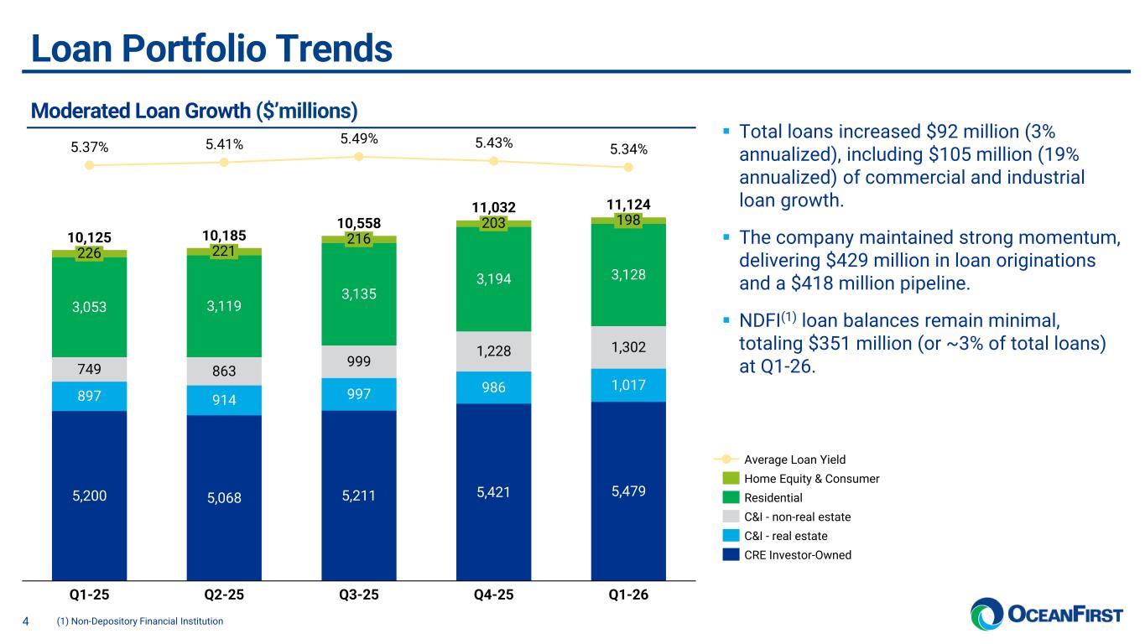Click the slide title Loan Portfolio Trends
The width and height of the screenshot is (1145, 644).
click(211, 48)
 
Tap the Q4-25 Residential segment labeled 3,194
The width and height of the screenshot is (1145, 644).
click(493, 278)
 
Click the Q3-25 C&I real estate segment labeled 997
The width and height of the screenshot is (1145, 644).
click(358, 394)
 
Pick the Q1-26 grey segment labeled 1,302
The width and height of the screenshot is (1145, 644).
click(628, 347)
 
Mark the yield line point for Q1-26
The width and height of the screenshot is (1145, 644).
click(628, 167)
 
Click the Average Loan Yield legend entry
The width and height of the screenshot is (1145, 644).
click(794, 460)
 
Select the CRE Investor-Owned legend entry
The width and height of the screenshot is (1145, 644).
click(797, 554)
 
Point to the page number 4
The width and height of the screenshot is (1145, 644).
click(25, 621)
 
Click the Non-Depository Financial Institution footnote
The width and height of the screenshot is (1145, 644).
click(139, 621)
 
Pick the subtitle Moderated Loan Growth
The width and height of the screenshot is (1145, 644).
click(194, 111)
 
